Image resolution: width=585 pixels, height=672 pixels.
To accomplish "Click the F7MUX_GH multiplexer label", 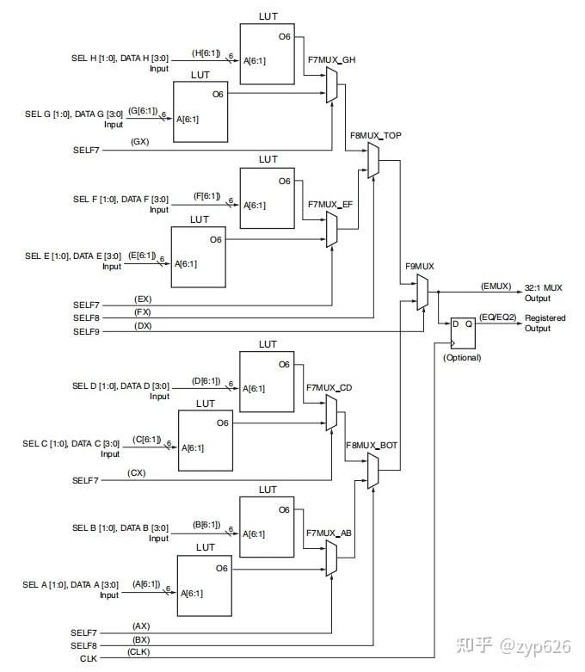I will click(330, 61).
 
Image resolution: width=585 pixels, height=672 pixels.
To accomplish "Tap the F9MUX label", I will click(420, 267).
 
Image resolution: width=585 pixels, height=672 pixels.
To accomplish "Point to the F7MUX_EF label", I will click(330, 205).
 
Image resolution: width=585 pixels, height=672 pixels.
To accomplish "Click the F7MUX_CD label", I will click(329, 388).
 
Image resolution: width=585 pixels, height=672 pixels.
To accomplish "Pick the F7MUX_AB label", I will click(329, 533).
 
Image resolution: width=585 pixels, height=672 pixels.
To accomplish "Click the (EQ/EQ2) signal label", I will click(498, 318).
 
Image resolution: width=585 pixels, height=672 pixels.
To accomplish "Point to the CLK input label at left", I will click(89, 658).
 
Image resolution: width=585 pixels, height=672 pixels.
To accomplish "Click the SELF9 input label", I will click(86, 331).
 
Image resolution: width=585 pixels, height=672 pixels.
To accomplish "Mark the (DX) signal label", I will click(143, 325).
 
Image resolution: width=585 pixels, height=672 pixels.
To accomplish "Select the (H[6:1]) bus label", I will click(206, 53).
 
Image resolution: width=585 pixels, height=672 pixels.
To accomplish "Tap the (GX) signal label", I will click(139, 142).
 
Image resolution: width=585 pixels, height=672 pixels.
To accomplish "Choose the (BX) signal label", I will click(141, 639).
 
